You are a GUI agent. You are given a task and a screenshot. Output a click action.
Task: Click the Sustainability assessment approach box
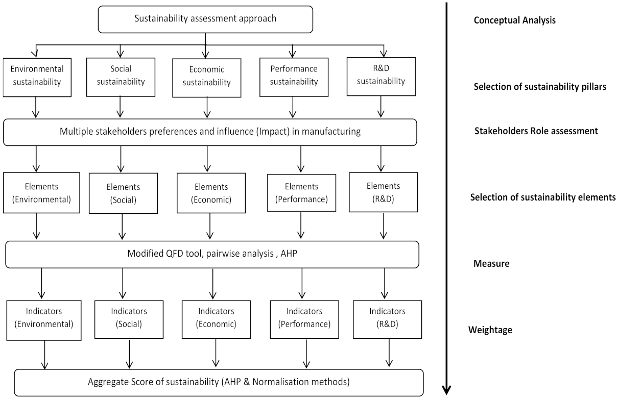pyautogui.click(x=205, y=19)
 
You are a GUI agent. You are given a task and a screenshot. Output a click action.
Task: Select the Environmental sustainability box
pyautogui.click(x=37, y=77)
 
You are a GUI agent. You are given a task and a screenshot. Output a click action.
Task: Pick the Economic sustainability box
pyautogui.click(x=206, y=77)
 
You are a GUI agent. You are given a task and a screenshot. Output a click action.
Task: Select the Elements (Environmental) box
pyautogui.click(x=41, y=193)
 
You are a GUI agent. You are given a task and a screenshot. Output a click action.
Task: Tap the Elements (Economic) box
pyautogui.click(x=210, y=193)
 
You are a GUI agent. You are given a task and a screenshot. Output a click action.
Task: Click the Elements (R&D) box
pyautogui.click(x=384, y=192)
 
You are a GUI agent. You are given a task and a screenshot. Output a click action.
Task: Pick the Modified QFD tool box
pyautogui.click(x=212, y=254)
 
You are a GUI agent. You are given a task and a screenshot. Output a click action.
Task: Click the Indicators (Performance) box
pyautogui.click(x=304, y=317)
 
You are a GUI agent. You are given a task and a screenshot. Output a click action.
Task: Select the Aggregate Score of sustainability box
pyautogui.click(x=219, y=382)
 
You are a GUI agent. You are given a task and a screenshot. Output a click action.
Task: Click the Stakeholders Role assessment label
pyautogui.click(x=536, y=131)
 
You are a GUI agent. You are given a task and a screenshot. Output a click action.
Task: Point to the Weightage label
pyautogui.click(x=490, y=330)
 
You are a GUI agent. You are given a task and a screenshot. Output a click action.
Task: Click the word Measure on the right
pyautogui.click(x=491, y=264)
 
